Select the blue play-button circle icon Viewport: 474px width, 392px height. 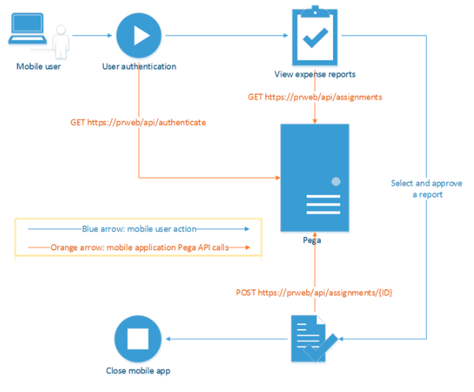[x=138, y=34]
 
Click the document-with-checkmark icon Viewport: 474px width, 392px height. [x=311, y=339]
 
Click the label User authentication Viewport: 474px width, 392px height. [x=139, y=67]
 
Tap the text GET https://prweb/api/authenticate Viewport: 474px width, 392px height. [x=138, y=122]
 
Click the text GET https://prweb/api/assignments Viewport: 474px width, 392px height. [x=314, y=98]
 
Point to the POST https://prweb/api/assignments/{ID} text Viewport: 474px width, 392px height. [x=314, y=293]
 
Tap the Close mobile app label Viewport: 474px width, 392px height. [x=138, y=371]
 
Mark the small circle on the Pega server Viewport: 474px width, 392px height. [x=336, y=182]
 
